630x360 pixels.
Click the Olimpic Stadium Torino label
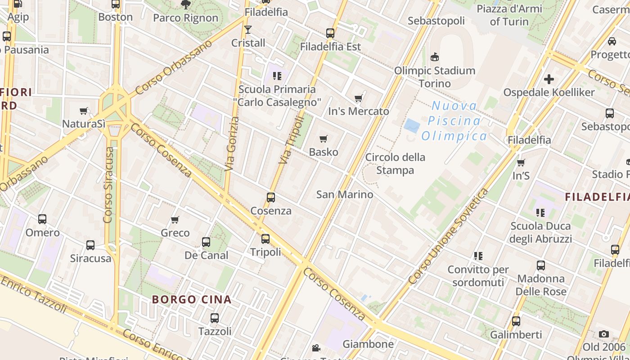435,77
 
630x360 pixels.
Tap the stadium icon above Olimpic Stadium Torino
435,57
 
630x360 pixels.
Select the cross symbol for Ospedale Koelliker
549,79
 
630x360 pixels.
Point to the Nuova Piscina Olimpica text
454,121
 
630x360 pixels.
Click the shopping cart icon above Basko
323,139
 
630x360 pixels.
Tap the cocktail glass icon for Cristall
248,30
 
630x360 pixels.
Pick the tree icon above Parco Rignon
185,5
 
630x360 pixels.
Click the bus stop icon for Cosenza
271,197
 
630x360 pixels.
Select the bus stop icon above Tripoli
265,238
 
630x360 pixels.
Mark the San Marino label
345,194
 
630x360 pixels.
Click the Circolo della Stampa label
395,164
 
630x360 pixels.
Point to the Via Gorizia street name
231,144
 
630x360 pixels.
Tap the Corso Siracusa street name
108,184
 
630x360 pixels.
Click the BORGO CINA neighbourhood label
192,299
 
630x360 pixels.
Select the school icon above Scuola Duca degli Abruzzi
540,212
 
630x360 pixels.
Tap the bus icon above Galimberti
516,321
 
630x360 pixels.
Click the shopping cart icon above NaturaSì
84,111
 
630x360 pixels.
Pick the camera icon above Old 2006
604,334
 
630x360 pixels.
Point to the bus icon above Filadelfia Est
330,33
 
